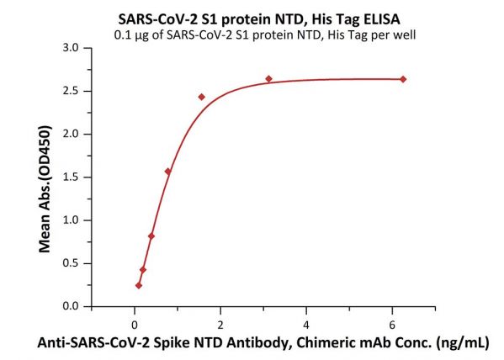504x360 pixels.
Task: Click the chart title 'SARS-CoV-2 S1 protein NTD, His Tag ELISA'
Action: pos(259,19)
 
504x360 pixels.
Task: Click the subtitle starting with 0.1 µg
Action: pos(265,34)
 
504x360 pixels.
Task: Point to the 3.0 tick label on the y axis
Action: pos(71,48)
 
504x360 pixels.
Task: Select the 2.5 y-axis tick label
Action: pos(71,91)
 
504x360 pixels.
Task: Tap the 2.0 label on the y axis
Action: pos(71,134)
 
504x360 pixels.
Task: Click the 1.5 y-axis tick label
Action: pos(71,177)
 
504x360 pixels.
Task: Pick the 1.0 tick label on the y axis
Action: pos(71,220)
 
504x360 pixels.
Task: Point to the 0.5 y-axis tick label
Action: pos(71,263)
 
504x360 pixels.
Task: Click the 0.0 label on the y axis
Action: pos(71,306)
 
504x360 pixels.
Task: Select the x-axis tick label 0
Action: pos(135,325)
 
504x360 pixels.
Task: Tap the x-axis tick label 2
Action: pos(220,325)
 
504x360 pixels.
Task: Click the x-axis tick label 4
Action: pos(306,325)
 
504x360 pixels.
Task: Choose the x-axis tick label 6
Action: pos(392,325)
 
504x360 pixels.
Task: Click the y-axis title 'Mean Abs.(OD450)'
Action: pos(45,189)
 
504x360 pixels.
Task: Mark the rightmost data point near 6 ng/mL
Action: pos(403,79)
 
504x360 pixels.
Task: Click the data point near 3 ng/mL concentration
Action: pos(268,79)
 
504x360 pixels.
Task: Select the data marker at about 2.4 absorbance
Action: pos(202,97)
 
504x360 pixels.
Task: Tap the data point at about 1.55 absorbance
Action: pos(167,172)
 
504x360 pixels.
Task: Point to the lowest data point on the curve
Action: pos(139,285)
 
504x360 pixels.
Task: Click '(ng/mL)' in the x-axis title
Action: pos(463,343)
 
